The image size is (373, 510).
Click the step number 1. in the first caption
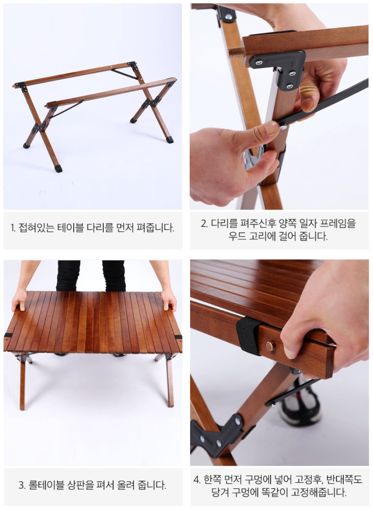pos(13,228)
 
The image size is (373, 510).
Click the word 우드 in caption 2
pos(236,236)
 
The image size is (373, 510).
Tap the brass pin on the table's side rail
pos(271,346)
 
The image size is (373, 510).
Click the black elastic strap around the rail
pos(249,335)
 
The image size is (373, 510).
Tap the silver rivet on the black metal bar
pos(283,127)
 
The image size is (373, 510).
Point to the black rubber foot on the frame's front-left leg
pos(58,169)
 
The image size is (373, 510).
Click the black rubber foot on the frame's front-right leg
pos(169,140)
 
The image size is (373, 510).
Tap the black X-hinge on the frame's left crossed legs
pos(40,127)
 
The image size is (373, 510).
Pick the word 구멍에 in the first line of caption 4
pos(258,479)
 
